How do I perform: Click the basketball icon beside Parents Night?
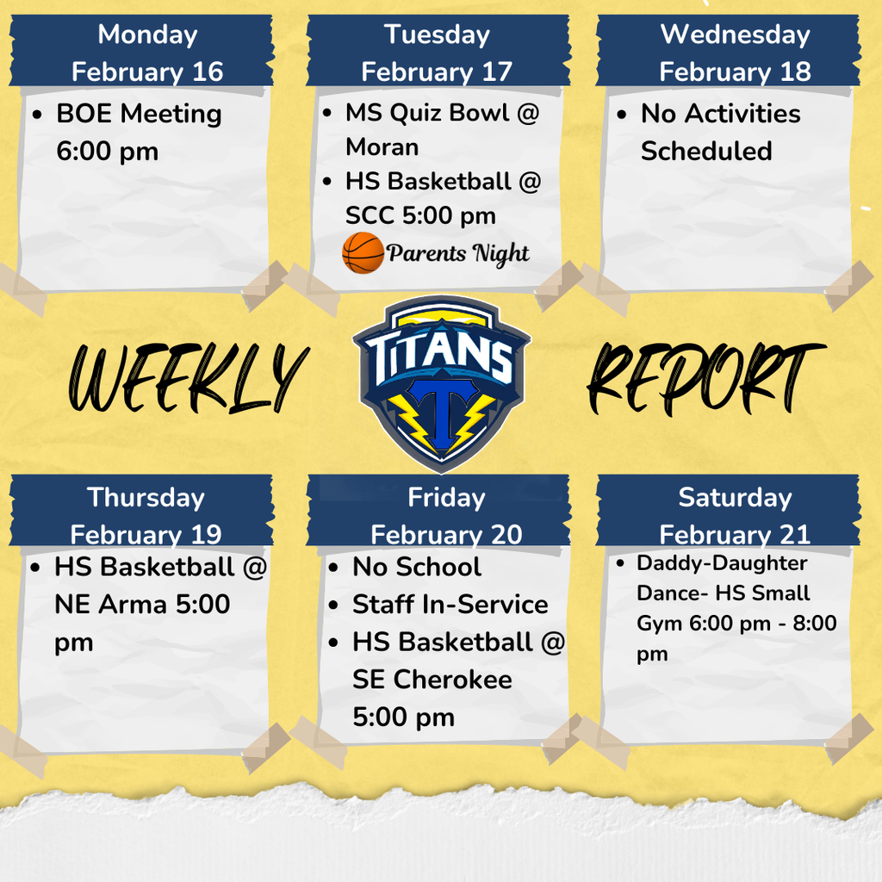click(x=363, y=252)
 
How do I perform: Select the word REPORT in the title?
click(x=705, y=377)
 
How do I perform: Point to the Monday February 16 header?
click(x=147, y=53)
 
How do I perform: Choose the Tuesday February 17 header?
click(x=437, y=53)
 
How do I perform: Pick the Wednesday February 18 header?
click(x=735, y=53)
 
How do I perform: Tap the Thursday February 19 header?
click(x=146, y=515)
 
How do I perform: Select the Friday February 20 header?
click(x=446, y=515)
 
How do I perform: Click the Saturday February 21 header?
click(x=735, y=515)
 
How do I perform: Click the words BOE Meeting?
click(x=139, y=114)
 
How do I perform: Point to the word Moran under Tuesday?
click(x=382, y=147)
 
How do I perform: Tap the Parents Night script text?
click(x=457, y=253)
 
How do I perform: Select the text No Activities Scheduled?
click(x=708, y=132)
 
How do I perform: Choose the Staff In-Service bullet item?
click(x=450, y=604)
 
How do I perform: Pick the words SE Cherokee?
click(x=432, y=680)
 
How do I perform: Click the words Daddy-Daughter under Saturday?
click(x=722, y=563)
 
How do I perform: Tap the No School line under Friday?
click(x=417, y=567)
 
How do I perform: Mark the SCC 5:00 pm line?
click(x=420, y=216)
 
